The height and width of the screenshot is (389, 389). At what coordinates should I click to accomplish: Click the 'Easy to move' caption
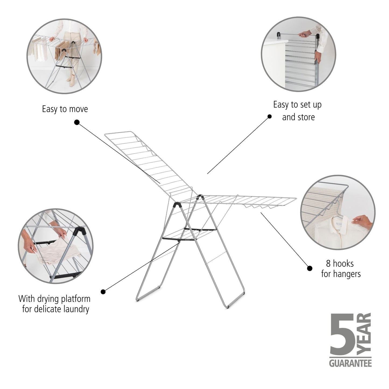(65, 109)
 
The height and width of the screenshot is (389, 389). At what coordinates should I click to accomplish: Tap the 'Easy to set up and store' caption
(297, 111)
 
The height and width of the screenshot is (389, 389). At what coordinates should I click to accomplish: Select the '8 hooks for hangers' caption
(341, 269)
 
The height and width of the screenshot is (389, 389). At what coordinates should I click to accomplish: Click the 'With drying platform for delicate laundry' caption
(55, 304)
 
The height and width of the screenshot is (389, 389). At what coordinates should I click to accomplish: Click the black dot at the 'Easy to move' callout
(77, 122)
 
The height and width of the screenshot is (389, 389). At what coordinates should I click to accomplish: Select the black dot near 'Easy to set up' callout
(269, 117)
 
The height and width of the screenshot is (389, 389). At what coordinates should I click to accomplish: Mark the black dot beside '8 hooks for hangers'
(310, 268)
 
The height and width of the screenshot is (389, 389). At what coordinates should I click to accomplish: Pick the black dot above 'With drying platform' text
(103, 292)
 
